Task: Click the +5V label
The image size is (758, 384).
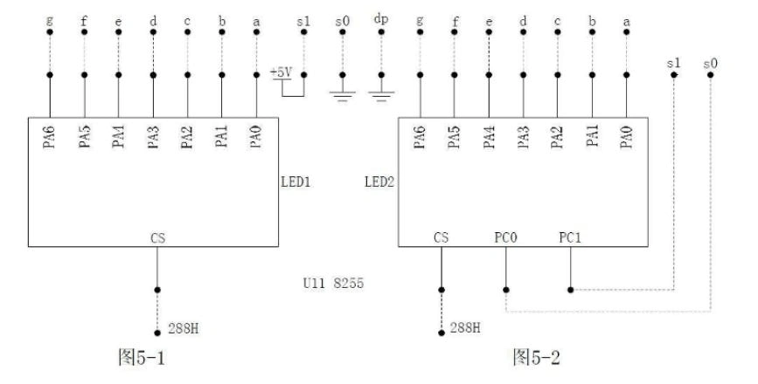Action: point(282,72)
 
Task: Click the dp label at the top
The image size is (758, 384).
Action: point(381,18)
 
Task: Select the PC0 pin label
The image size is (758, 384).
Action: point(504,237)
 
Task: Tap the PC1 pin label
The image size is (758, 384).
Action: point(570,237)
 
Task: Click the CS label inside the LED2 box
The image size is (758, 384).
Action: point(442,237)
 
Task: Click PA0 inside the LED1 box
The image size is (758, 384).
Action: point(255,138)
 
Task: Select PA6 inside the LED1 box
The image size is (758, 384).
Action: point(49,138)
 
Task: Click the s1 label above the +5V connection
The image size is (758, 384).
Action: point(303,18)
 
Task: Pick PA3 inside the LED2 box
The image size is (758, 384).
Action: point(523,138)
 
